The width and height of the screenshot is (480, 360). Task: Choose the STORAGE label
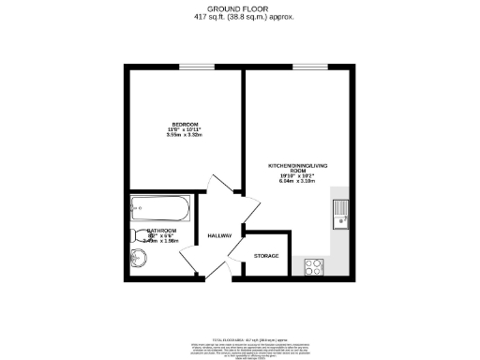[266, 256]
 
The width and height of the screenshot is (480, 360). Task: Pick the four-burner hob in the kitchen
[312, 265]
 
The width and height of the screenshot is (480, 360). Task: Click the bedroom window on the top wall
[192, 66]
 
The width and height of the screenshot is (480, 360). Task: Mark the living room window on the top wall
[302, 66]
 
